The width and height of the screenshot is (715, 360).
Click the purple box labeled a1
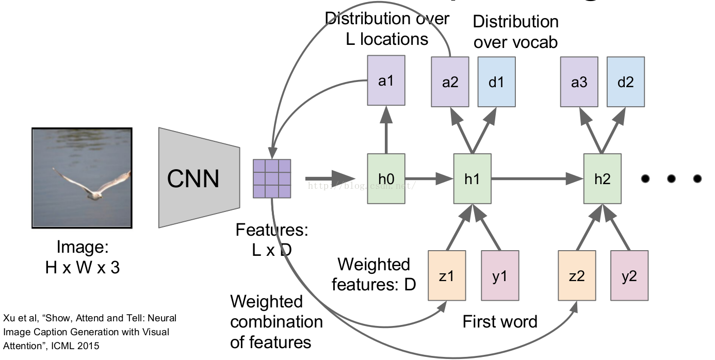(x=386, y=81)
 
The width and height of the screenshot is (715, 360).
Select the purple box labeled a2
(x=450, y=83)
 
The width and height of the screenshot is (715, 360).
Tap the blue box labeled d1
(x=496, y=83)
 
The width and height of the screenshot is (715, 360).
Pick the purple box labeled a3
(x=579, y=83)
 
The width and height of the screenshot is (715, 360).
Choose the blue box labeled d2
(x=625, y=83)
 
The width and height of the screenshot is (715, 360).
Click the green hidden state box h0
(x=386, y=178)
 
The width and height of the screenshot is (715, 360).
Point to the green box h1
(x=472, y=178)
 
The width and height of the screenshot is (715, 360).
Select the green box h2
(x=602, y=178)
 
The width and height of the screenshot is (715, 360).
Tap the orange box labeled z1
(x=447, y=275)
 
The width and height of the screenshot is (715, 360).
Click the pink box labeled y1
(x=499, y=275)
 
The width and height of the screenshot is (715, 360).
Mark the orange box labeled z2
(x=577, y=275)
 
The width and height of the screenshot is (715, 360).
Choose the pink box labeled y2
(x=629, y=275)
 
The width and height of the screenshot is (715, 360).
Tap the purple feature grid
(x=272, y=178)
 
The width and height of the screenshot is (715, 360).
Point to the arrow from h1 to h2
(x=537, y=178)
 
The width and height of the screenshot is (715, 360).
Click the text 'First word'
(x=500, y=322)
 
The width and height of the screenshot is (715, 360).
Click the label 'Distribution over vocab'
(x=515, y=31)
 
